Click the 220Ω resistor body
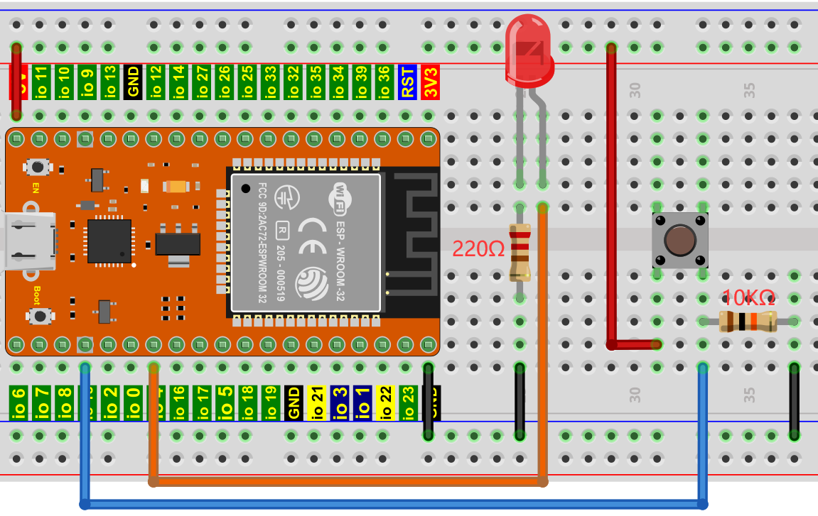[520, 252]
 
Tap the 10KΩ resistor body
[747, 322]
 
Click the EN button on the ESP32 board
[37, 168]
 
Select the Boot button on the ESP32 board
[40, 316]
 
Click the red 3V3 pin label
[430, 82]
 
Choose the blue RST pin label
[407, 82]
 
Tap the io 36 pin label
[384, 82]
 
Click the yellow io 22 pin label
[385, 402]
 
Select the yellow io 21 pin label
[317, 402]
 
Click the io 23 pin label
[408, 402]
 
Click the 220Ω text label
[478, 249]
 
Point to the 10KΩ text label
[748, 297]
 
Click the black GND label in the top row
[132, 82]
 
